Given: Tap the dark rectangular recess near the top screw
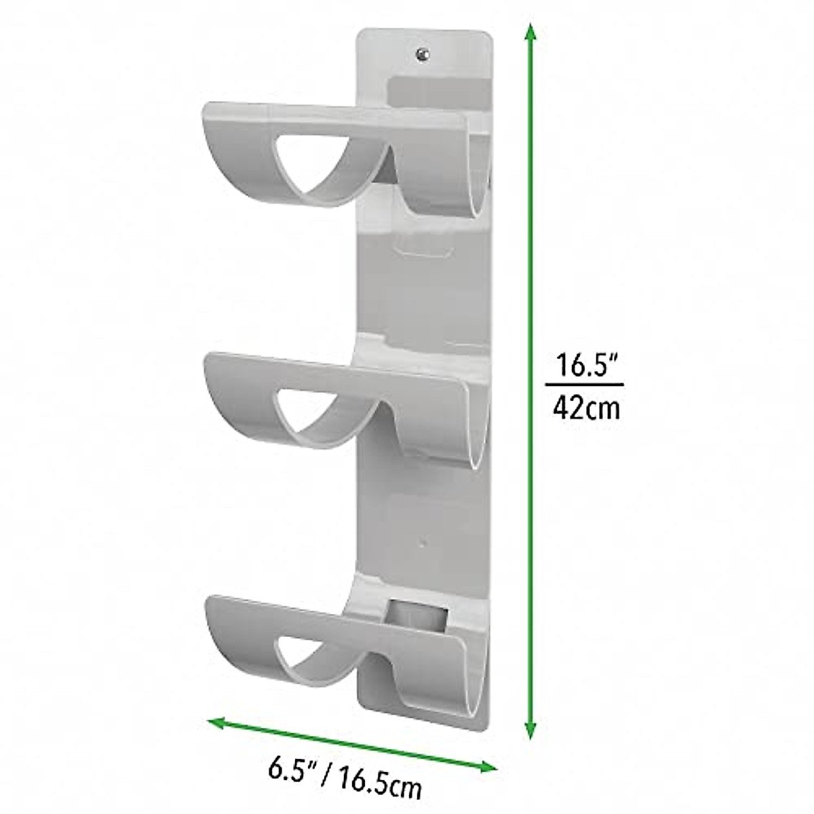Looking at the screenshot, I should point(438,92).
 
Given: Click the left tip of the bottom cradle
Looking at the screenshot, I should point(209,602).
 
